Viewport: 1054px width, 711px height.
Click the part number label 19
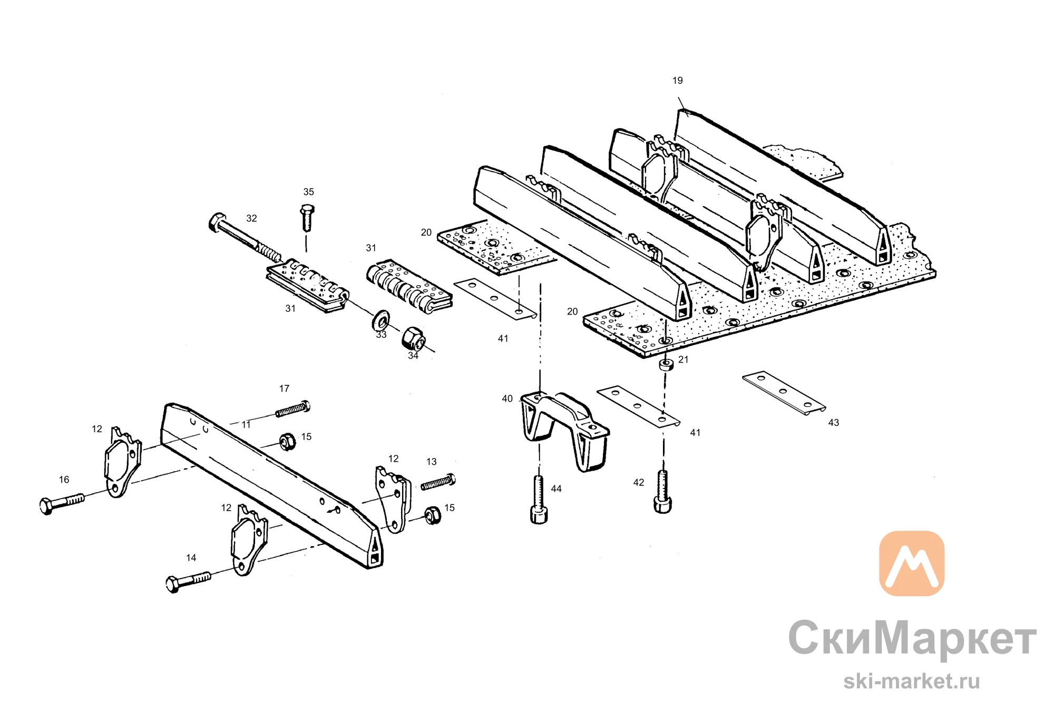pos(677,81)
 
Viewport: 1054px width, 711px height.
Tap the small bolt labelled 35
pos(307,218)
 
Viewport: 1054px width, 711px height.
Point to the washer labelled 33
pos(380,320)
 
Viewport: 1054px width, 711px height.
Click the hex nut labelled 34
pos(414,338)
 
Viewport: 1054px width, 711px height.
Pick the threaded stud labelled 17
pos(293,409)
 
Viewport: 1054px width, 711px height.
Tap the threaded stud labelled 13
pos(438,482)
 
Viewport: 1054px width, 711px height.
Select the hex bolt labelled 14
pos(188,582)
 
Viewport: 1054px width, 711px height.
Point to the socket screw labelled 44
pos(539,500)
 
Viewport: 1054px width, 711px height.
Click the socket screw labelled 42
pos(663,491)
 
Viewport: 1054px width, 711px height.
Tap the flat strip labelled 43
pos(784,393)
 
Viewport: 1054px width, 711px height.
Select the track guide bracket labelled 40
pos(564,430)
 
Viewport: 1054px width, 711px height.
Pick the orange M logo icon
pos(912,563)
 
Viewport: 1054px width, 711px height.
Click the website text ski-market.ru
pos(911,681)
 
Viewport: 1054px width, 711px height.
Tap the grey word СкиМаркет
pos(912,638)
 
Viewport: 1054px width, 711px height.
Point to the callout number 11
pos(246,425)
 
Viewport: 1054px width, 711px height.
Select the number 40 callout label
pos(507,399)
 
